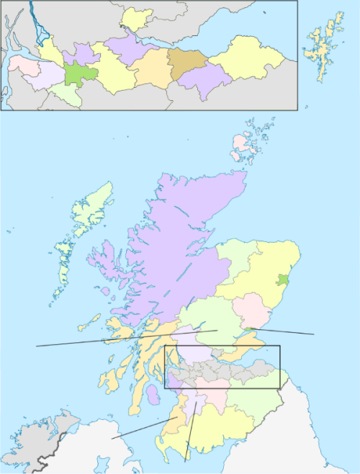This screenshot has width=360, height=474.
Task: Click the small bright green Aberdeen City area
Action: [284, 279]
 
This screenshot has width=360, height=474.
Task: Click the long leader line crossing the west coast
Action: [72, 343]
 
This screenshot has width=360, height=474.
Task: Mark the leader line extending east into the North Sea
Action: [288, 332]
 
